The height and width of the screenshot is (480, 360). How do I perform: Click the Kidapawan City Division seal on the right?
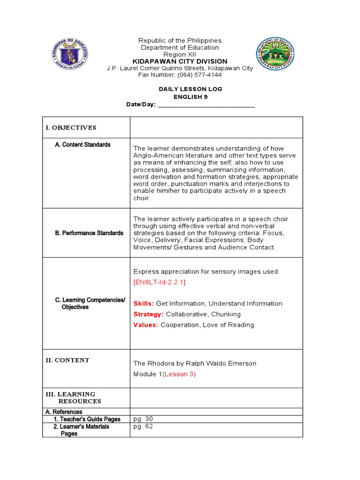[x=275, y=53]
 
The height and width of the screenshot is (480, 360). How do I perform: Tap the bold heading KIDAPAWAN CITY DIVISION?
[x=180, y=61]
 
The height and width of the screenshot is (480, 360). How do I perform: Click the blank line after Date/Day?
[x=206, y=105]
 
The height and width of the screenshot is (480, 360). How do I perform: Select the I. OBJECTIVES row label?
[x=71, y=127]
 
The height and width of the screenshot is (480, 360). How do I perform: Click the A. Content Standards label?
[x=82, y=145]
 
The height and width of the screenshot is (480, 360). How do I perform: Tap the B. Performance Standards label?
[x=89, y=233]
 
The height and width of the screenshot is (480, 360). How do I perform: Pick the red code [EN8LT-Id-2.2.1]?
[x=159, y=282]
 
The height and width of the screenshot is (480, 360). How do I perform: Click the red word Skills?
[x=143, y=304]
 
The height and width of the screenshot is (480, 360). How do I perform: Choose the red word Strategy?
[x=149, y=315]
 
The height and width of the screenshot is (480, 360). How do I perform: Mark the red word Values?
[x=146, y=325]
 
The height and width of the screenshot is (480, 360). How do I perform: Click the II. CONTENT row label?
[x=67, y=360]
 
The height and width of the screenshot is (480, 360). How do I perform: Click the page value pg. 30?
[x=143, y=419]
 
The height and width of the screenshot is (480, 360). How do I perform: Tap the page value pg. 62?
[x=143, y=427]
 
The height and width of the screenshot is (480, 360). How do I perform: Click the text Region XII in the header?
[x=180, y=54]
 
